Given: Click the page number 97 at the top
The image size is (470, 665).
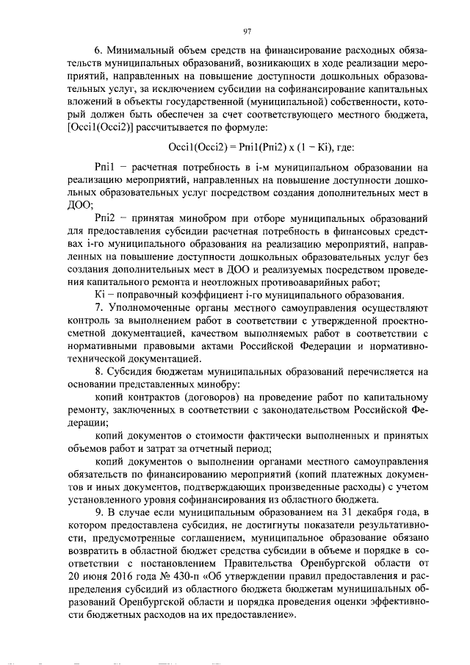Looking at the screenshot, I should pos(247,30).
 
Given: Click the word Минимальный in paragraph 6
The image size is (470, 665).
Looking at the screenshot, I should pos(140,51).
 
